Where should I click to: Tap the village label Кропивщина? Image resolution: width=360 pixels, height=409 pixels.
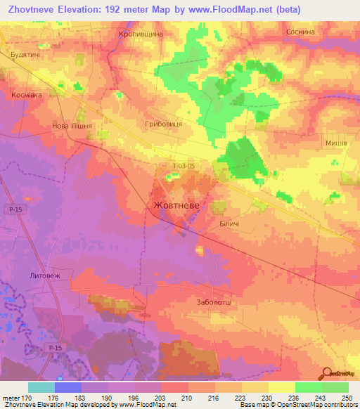142,34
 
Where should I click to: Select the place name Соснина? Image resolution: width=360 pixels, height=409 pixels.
300,32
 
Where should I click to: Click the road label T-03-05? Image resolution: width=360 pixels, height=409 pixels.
183,166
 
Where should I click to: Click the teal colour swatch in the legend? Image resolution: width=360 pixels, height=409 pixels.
41,387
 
